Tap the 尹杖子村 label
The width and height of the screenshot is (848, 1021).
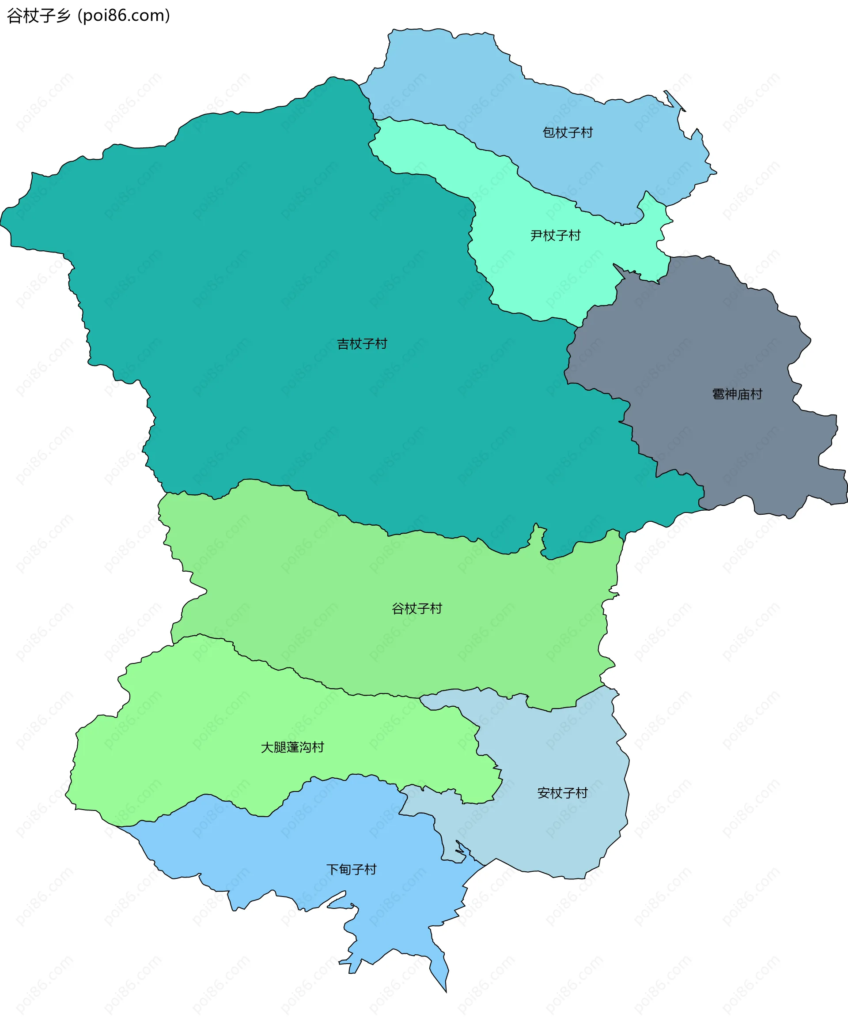[555, 235]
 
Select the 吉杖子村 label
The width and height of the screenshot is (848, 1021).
[362, 344]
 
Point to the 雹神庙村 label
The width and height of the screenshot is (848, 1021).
[737, 394]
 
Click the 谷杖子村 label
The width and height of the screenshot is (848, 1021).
[417, 608]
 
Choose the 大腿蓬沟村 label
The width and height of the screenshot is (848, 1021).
[292, 747]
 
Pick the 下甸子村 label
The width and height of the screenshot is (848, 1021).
[351, 869]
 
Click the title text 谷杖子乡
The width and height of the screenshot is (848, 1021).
[39, 15]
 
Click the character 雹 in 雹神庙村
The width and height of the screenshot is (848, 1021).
[719, 394]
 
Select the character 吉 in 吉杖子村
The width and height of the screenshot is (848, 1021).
[344, 344]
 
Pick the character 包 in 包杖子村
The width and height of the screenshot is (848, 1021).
[549, 132]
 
